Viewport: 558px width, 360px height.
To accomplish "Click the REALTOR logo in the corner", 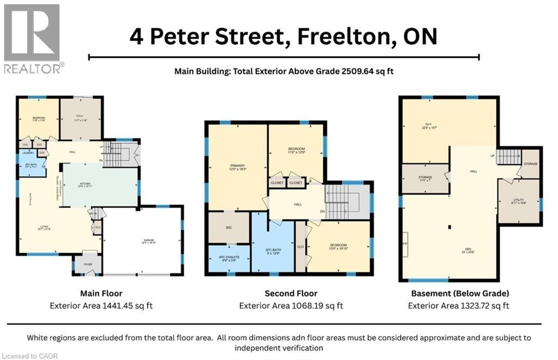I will pyautogui.click(x=32, y=39).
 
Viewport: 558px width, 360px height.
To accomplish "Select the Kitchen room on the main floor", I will pyautogui.click(x=100, y=186).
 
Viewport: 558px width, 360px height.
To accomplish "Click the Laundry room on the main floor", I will pyautogui.click(x=26, y=154).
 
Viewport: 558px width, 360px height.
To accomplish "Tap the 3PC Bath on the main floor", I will pyautogui.click(x=25, y=167).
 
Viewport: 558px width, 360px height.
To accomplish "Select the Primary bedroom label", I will pyautogui.click(x=237, y=167).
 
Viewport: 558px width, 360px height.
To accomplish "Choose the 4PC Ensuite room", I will pyautogui.click(x=229, y=259).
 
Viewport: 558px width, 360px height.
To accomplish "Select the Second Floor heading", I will pyautogui.click(x=291, y=293).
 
